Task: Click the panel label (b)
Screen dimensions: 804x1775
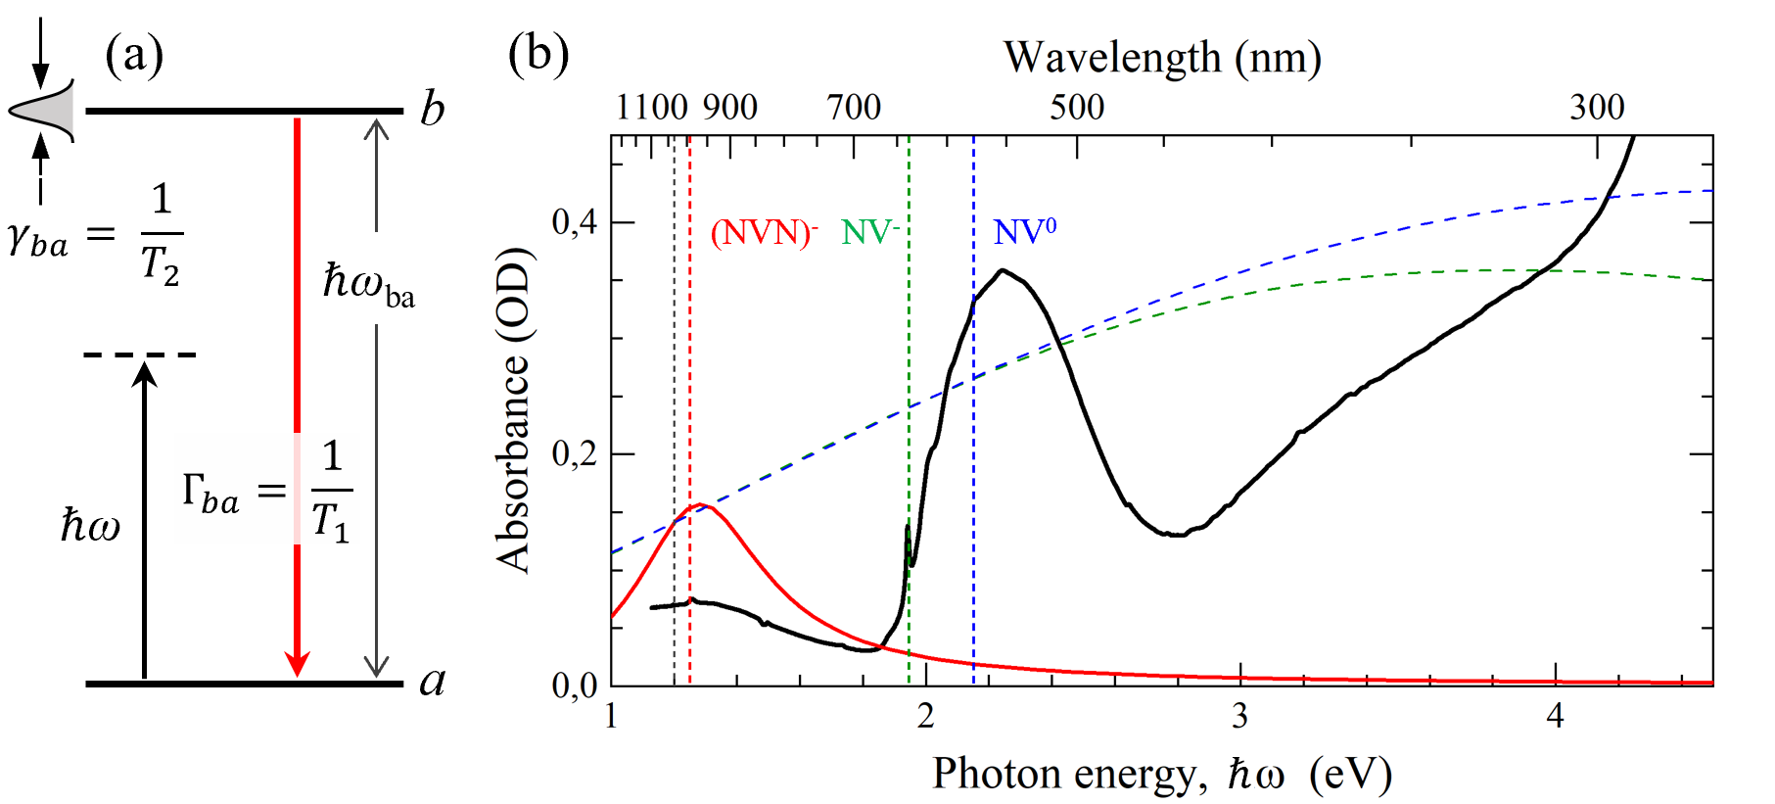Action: click(x=537, y=55)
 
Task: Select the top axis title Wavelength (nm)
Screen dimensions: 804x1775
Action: click(x=1162, y=58)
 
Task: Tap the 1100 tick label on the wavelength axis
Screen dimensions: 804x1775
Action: click(x=651, y=107)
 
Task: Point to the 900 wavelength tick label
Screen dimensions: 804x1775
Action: click(x=730, y=107)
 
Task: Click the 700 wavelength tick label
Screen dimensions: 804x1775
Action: click(x=854, y=107)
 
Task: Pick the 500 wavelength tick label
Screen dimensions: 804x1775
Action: click(x=1077, y=107)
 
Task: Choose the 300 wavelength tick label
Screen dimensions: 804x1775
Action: click(x=1597, y=107)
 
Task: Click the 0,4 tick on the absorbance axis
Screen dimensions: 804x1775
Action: click(x=575, y=223)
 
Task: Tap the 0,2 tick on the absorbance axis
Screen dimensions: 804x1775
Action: click(x=575, y=454)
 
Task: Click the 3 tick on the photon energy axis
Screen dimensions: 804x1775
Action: click(x=1240, y=717)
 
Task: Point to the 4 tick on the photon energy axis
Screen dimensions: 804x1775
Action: click(x=1555, y=717)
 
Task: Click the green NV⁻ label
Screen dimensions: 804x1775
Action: click(x=869, y=233)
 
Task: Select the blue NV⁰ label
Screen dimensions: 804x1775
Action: click(x=1024, y=232)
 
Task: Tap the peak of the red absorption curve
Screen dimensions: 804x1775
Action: click(x=699, y=505)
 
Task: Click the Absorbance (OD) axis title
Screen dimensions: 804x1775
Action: click(x=513, y=411)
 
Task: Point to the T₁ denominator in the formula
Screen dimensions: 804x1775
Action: click(x=331, y=520)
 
